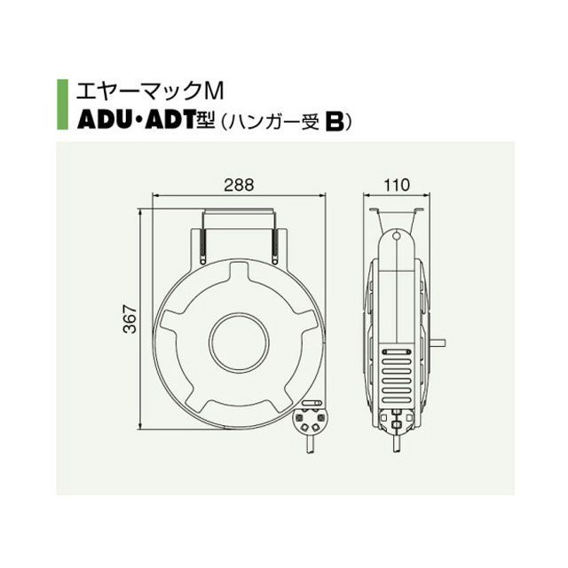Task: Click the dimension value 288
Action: [x=239, y=185]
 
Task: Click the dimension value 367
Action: [x=130, y=319]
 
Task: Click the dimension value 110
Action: [x=397, y=185]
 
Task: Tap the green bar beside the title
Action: [x=62, y=105]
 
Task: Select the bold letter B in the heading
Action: [x=335, y=122]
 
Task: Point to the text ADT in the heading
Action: [x=170, y=122]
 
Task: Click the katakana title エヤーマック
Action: [x=138, y=91]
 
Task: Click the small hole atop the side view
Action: [x=397, y=236]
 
